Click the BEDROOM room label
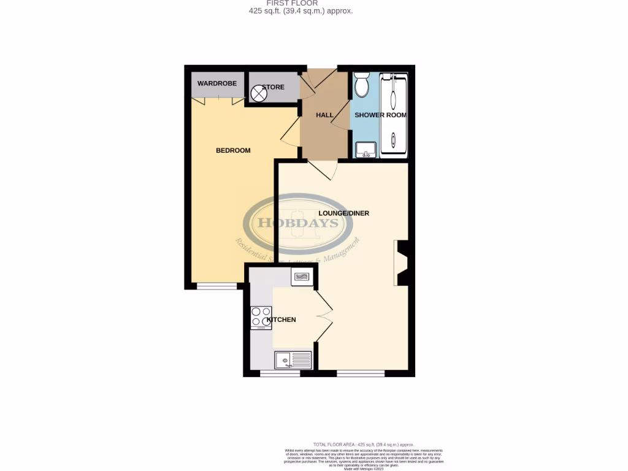pos(233,150)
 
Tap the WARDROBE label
pos(216,83)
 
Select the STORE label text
pos(274,87)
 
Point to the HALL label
pos(324,115)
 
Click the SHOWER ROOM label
pos(380,115)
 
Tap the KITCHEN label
pos(281,320)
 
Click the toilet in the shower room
pos(361,85)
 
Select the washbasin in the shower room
pos(366,149)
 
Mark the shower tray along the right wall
pos(393,114)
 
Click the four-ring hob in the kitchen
pos(261,317)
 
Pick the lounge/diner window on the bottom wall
pos(361,373)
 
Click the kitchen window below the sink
pos(280,373)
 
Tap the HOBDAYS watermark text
pos(298,223)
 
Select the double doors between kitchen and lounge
pos(323,316)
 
